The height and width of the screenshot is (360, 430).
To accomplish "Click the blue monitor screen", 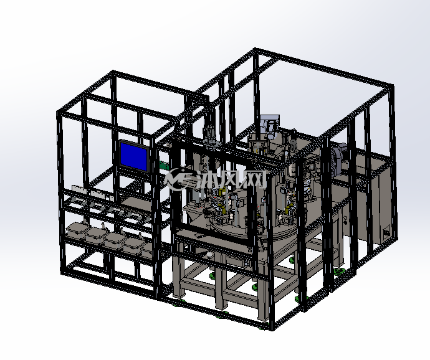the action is tap(134, 155).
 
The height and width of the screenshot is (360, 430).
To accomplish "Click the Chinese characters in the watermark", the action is tap(232, 179).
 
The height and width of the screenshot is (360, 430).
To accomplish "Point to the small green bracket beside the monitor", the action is tap(164, 166).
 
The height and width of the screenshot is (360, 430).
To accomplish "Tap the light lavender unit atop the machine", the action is tap(270, 125).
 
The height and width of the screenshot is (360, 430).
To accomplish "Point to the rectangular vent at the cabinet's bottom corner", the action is tap(386, 233).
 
